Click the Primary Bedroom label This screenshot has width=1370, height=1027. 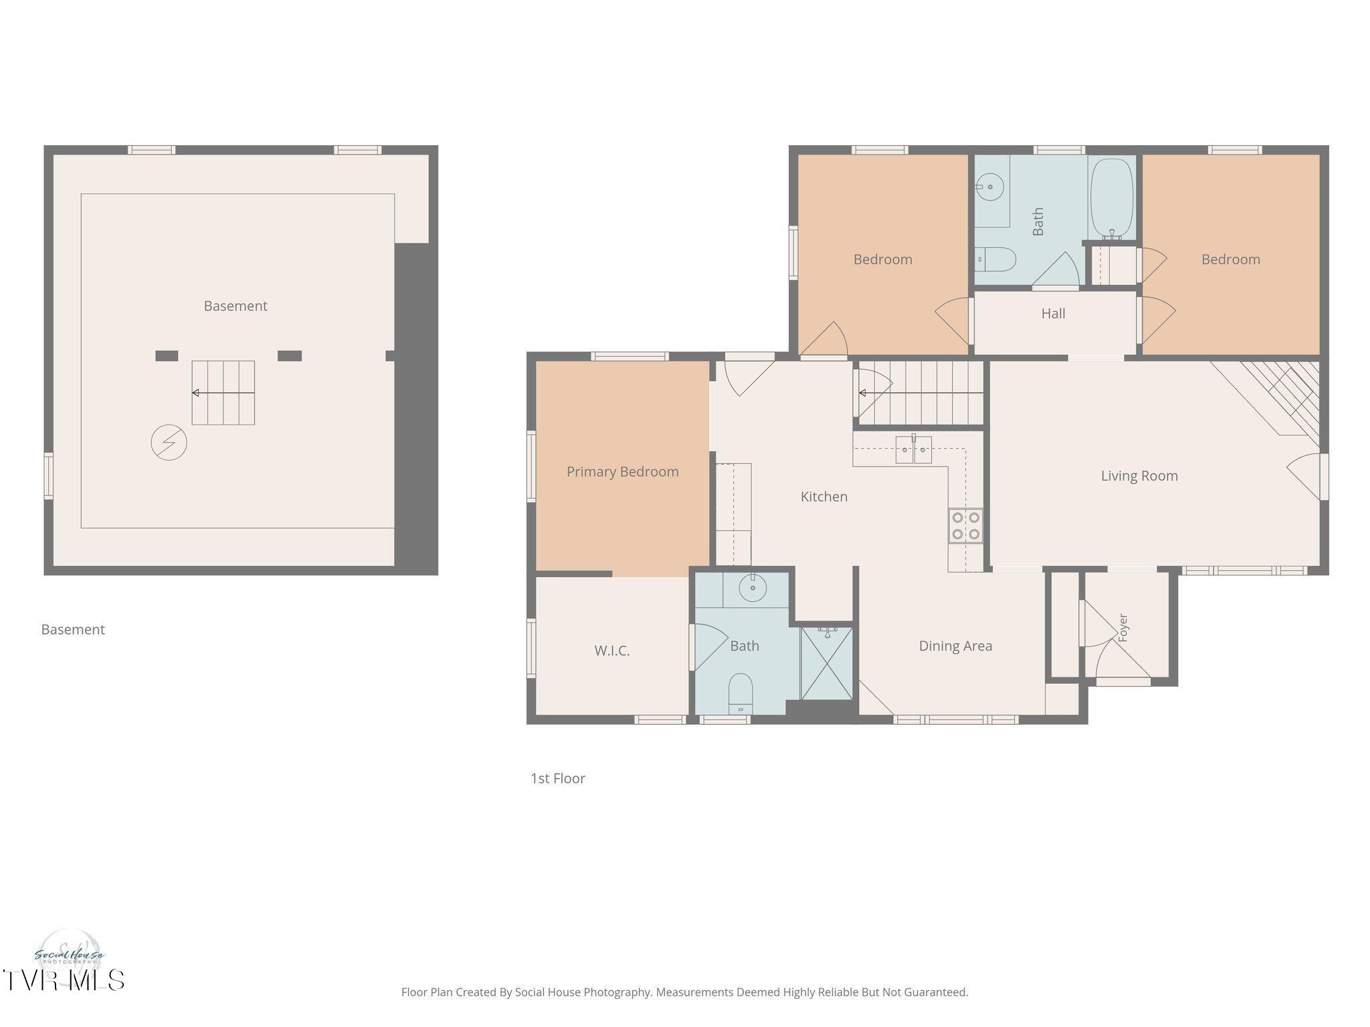[x=622, y=472]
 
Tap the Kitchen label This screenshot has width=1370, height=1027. [x=823, y=497]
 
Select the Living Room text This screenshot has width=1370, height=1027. [x=1139, y=476]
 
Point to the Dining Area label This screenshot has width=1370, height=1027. [x=955, y=646]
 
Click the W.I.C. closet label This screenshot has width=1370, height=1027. [x=612, y=651]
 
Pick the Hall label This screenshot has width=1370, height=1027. [x=1053, y=314]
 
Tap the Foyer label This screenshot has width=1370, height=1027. [x=1122, y=629]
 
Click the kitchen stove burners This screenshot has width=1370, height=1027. [x=965, y=526]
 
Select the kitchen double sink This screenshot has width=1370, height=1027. [x=914, y=449]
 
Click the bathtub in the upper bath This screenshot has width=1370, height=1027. [x=1111, y=199]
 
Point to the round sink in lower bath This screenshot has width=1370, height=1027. [x=753, y=588]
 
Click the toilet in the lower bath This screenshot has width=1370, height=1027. [x=741, y=693]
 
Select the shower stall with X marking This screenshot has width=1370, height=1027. [x=827, y=663]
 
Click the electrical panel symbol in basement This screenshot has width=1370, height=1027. [x=169, y=443]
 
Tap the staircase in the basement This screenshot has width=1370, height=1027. [x=223, y=393]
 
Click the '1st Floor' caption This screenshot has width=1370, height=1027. [x=558, y=778]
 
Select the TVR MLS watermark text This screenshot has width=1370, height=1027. [x=64, y=980]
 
